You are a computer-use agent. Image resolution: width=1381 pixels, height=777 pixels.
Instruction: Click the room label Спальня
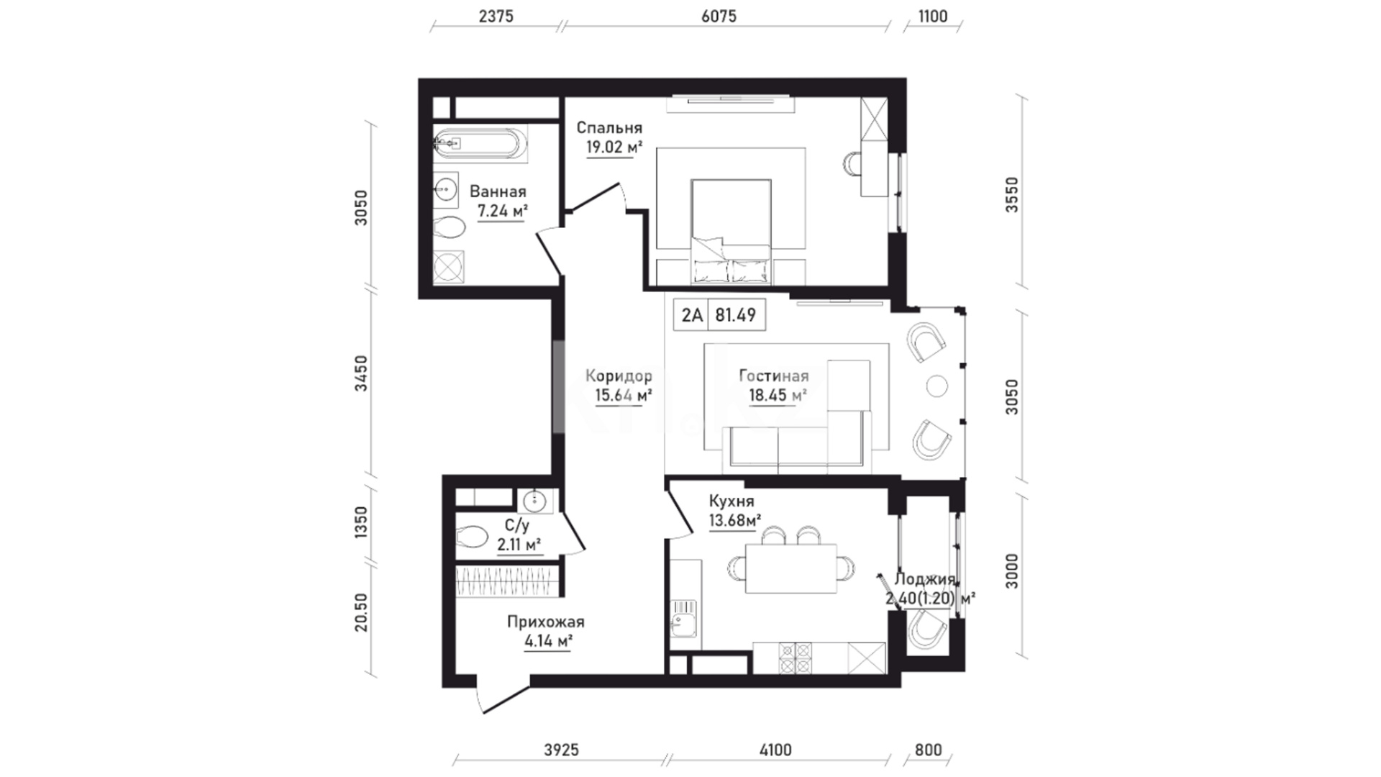(x=609, y=128)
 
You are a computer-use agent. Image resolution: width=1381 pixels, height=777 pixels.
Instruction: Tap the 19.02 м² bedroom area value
(x=614, y=148)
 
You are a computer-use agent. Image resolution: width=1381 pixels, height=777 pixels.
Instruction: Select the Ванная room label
(x=498, y=191)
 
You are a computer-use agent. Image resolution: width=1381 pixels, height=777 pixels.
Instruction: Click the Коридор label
(x=619, y=376)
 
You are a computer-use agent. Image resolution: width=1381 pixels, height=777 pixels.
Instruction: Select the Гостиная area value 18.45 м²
(x=778, y=395)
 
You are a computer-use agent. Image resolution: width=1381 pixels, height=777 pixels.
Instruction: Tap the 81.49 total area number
(x=735, y=315)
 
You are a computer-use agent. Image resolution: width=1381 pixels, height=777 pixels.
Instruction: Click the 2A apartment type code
(x=692, y=315)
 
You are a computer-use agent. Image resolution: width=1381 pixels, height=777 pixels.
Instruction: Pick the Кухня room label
(x=731, y=501)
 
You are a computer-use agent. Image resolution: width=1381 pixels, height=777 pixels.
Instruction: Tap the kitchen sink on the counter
(x=681, y=620)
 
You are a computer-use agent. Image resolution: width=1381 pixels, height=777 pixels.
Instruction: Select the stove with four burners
(x=796, y=658)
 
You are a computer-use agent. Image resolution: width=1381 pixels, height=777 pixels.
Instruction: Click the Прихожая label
(x=546, y=622)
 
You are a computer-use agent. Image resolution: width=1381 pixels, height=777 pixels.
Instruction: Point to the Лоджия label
(x=925, y=580)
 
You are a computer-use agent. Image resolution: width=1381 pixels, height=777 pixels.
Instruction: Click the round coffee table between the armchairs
(x=938, y=386)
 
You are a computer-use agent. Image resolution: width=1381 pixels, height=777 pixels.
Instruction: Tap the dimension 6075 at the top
(x=719, y=16)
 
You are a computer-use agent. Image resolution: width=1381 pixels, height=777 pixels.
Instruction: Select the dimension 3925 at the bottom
(x=561, y=750)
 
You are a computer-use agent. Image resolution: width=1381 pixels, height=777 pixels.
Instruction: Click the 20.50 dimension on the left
(x=361, y=612)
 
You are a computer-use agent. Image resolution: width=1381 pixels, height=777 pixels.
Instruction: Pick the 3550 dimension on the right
(x=1012, y=194)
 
